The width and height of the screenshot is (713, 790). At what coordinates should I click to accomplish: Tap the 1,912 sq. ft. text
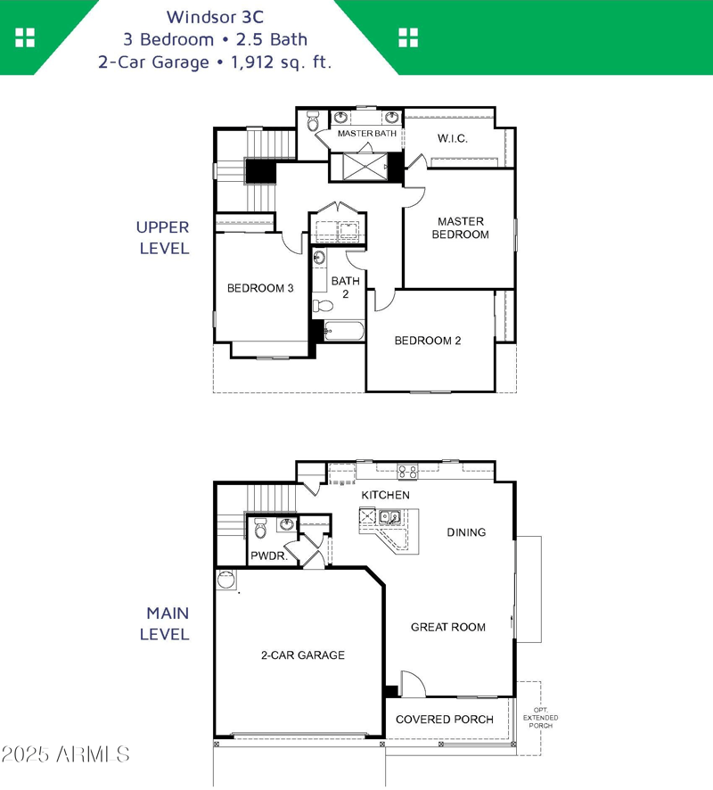click(x=283, y=62)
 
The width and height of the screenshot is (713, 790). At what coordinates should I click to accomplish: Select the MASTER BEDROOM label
click(x=460, y=227)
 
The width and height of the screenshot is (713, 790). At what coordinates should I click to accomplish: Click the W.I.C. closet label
click(x=452, y=139)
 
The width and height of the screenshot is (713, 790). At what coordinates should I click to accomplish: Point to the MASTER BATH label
click(x=366, y=134)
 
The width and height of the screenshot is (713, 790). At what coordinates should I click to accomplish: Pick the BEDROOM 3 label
click(x=260, y=288)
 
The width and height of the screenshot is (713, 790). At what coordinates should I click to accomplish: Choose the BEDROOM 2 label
click(x=428, y=341)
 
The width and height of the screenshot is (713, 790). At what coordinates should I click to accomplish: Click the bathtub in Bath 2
click(x=344, y=332)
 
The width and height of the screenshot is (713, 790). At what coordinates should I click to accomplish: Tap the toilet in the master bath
click(x=313, y=123)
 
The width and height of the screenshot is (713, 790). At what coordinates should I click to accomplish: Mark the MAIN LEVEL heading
click(x=168, y=624)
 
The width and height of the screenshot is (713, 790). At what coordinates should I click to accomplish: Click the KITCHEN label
click(x=385, y=495)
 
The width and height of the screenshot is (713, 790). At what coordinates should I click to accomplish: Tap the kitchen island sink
click(x=389, y=516)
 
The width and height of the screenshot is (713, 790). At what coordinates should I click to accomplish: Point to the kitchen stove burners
click(x=407, y=472)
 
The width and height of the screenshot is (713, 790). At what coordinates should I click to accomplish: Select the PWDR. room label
click(x=267, y=555)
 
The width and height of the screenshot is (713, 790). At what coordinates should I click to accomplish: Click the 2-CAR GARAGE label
click(x=302, y=655)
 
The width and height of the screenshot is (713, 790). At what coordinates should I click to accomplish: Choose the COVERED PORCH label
click(x=444, y=720)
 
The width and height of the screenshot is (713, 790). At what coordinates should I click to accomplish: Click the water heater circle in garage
click(x=226, y=580)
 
